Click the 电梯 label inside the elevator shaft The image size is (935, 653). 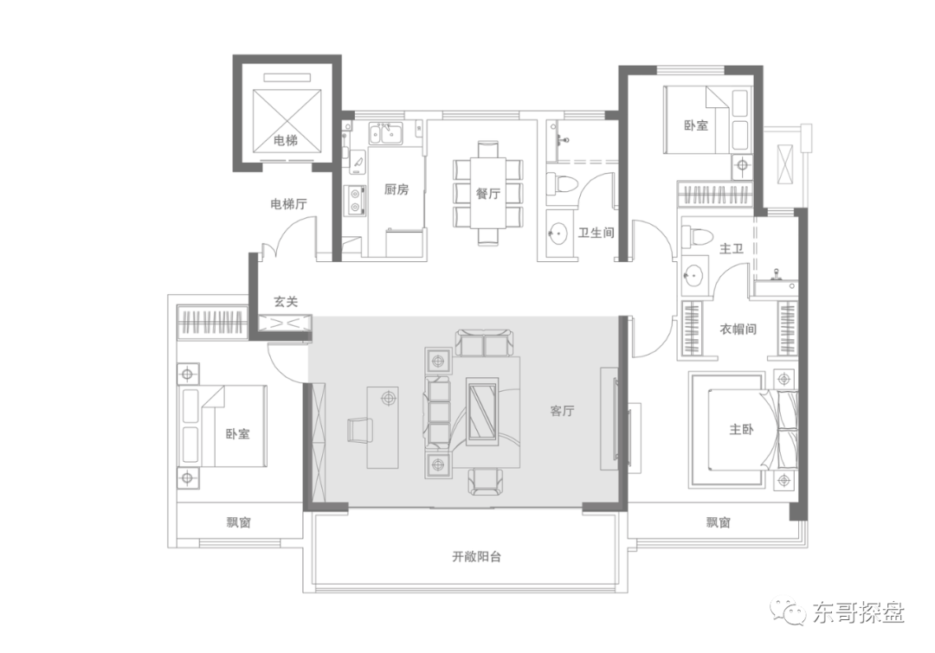pyautogui.click(x=286, y=141)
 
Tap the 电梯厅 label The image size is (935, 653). pyautogui.click(x=288, y=204)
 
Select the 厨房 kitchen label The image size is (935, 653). pyautogui.click(x=397, y=189)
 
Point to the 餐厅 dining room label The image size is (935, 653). pyautogui.click(x=487, y=193)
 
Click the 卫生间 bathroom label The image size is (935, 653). pyautogui.click(x=596, y=233)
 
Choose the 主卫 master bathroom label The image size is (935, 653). pyautogui.click(x=732, y=248)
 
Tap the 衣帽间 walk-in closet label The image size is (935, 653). pyautogui.click(x=738, y=329)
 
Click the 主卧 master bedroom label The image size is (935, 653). pyautogui.click(x=742, y=429)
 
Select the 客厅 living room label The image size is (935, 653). pyautogui.click(x=563, y=411)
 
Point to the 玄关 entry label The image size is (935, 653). pyautogui.click(x=286, y=302)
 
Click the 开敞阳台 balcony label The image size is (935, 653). pyautogui.click(x=476, y=556)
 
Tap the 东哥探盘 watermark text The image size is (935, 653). pyautogui.click(x=859, y=612)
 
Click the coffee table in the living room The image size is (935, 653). pyautogui.click(x=482, y=412)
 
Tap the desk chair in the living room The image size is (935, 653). pyautogui.click(x=359, y=430)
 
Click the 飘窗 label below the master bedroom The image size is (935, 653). pyautogui.click(x=719, y=522)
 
